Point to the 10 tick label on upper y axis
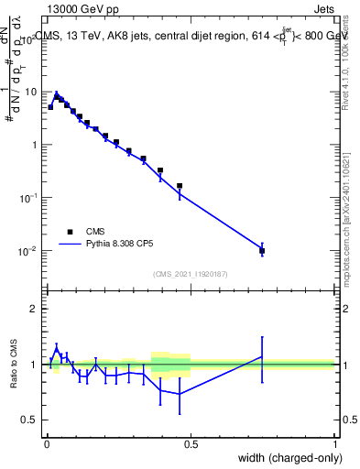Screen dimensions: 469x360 29,92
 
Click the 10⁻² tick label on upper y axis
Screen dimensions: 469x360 28,251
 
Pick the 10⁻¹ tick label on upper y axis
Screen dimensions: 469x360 28,198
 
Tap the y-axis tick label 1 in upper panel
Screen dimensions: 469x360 34,145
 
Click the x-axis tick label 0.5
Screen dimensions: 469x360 191,443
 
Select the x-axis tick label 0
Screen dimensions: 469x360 47,443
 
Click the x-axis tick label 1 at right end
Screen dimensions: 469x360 335,443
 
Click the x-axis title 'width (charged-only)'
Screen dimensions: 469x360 289,458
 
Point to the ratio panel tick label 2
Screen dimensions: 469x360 34,309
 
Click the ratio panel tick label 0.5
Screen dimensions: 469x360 29,420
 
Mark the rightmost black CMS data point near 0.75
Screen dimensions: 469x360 262,250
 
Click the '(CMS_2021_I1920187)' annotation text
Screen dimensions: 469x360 191,273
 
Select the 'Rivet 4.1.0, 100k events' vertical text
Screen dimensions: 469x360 345,60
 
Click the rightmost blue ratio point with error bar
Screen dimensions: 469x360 262,356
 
